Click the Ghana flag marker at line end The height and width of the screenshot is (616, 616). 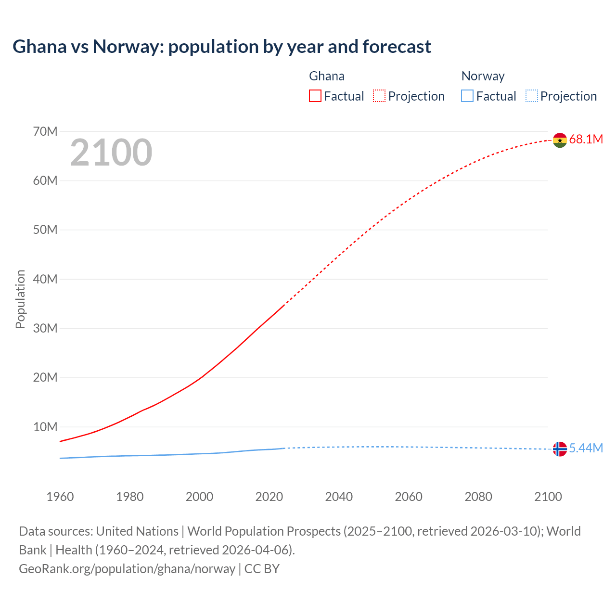pyautogui.click(x=560, y=140)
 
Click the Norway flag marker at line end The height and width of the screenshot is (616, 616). pyautogui.click(x=560, y=449)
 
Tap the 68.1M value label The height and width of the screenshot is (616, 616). pyautogui.click(x=586, y=140)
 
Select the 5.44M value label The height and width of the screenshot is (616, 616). pyautogui.click(x=586, y=448)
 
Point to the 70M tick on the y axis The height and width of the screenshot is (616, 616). pyautogui.click(x=45, y=131)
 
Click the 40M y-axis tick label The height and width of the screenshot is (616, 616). pyautogui.click(x=45, y=279)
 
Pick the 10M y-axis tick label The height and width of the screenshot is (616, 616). pyautogui.click(x=45, y=427)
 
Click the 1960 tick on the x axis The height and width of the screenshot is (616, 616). pyautogui.click(x=60, y=497)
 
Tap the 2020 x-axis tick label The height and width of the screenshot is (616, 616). pyautogui.click(x=269, y=497)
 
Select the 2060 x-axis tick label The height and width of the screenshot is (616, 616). pyautogui.click(x=409, y=497)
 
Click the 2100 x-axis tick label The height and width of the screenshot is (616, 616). pyautogui.click(x=548, y=497)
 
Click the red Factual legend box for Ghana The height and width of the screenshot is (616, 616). pyautogui.click(x=315, y=96)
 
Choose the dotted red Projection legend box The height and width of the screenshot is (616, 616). pyautogui.click(x=379, y=96)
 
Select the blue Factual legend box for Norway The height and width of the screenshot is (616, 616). pyautogui.click(x=467, y=96)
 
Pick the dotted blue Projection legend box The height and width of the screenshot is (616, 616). pyautogui.click(x=531, y=96)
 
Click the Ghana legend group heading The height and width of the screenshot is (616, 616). pyautogui.click(x=327, y=76)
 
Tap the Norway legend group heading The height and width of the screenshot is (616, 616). pyautogui.click(x=483, y=76)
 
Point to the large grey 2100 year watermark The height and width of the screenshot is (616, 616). pyautogui.click(x=111, y=153)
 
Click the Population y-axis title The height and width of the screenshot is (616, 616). pyautogui.click(x=20, y=299)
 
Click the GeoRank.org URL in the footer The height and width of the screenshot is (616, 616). pyautogui.click(x=127, y=569)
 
